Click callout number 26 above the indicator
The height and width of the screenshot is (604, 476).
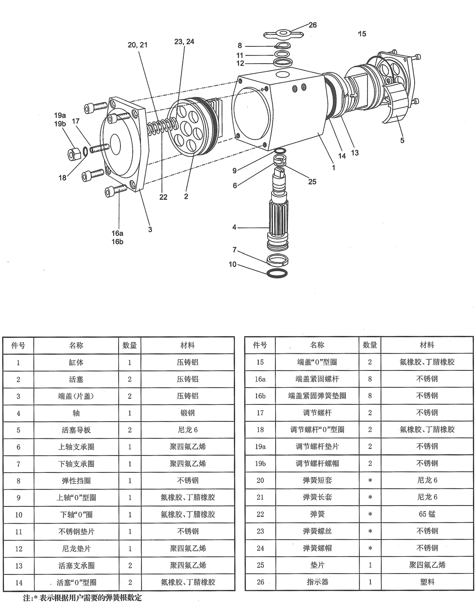[312, 25]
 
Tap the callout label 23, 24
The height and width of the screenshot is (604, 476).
[184, 42]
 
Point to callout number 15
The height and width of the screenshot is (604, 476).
[362, 34]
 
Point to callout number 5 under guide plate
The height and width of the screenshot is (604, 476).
[402, 140]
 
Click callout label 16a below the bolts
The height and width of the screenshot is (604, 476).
[117, 233]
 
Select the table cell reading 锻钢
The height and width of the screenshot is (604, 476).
[187, 413]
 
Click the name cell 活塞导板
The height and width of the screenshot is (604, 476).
[76, 430]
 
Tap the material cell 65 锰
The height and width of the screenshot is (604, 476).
[427, 514]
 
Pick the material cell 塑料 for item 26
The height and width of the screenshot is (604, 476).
[427, 582]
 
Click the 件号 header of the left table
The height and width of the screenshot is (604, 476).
[18, 345]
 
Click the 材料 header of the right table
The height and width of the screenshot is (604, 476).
[427, 345]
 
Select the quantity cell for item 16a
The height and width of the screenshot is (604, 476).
[370, 379]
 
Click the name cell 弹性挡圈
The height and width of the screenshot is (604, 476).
[76, 481]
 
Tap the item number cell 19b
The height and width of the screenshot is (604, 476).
[260, 464]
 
